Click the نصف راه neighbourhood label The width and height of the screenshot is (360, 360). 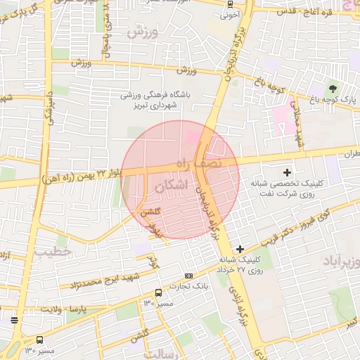click(x=199, y=163)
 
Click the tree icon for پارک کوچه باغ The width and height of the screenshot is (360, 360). click(x=331, y=89)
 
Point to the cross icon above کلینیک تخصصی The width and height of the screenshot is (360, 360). click(x=286, y=172)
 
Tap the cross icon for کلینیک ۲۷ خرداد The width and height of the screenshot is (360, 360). click(x=240, y=249)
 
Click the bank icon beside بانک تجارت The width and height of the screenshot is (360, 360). click(x=188, y=276)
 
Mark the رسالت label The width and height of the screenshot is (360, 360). click(x=163, y=354)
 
